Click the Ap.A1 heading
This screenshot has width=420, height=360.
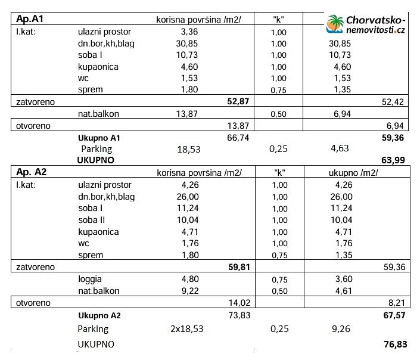point(29,19)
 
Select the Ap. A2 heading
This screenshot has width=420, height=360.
point(32,172)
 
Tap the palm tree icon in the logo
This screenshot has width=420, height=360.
point(335,24)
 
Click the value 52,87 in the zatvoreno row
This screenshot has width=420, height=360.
point(238,102)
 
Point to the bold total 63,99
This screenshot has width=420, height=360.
point(394,160)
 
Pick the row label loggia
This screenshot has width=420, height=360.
point(90,278)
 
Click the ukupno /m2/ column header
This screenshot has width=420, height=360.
point(354,173)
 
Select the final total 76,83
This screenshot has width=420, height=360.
point(394,345)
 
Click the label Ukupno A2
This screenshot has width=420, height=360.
point(99,315)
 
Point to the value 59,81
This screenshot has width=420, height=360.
point(238,267)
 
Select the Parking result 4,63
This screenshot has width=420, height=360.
point(339,148)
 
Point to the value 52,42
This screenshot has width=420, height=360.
point(394,102)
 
